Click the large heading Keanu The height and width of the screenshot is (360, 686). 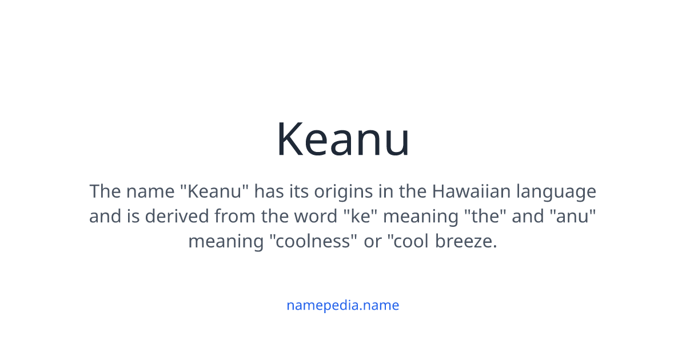[x=343, y=139]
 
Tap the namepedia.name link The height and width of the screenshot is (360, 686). [x=343, y=305]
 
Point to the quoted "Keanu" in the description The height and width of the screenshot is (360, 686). [x=216, y=191]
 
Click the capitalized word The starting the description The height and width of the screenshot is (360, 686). [x=105, y=191]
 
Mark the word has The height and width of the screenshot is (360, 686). [x=269, y=191]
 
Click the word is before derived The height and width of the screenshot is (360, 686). [x=134, y=216]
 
